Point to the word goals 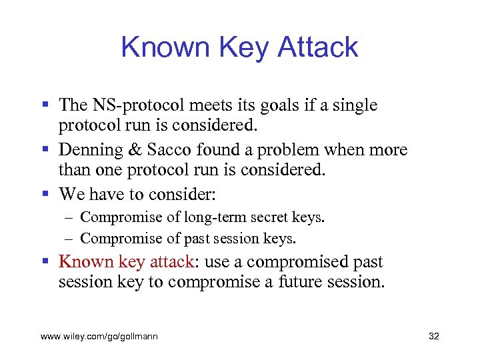point(269,105)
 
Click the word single point(354,105)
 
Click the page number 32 point(433,337)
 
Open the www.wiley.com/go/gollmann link point(99,337)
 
